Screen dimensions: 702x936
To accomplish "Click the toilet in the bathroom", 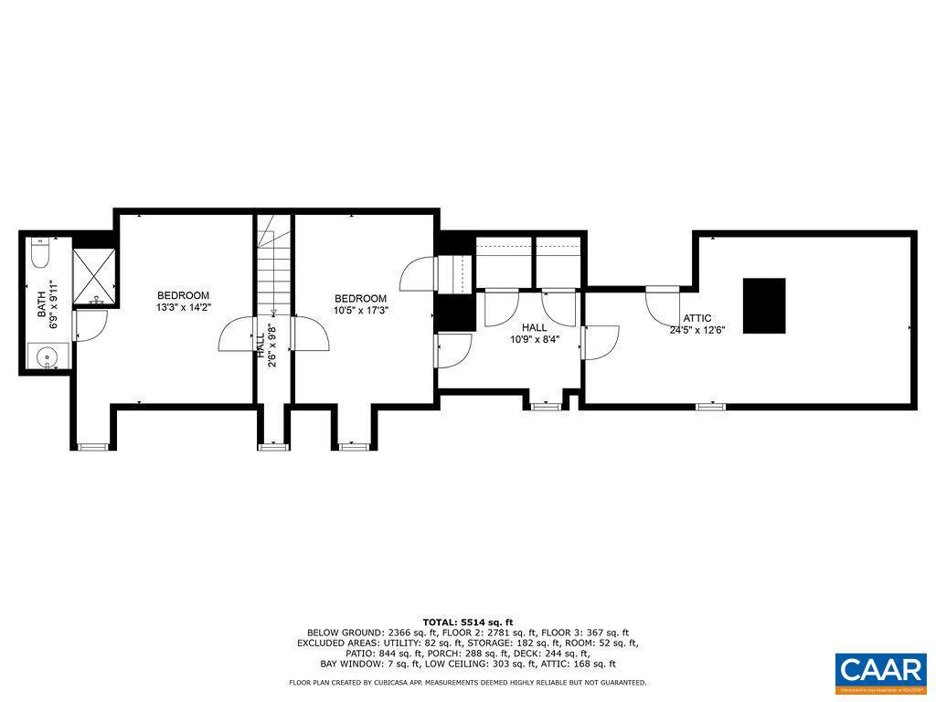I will (x=40, y=252).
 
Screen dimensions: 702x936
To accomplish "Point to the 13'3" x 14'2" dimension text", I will (x=183, y=308).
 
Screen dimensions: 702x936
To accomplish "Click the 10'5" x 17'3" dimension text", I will (x=360, y=311).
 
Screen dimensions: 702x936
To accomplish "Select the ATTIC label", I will (x=697, y=318).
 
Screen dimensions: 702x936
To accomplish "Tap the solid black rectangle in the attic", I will (x=763, y=306).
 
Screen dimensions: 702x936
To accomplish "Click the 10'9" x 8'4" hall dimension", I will (x=534, y=339).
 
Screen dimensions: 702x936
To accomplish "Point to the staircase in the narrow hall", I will (x=271, y=270).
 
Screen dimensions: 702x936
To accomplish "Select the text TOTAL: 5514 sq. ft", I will (x=467, y=621).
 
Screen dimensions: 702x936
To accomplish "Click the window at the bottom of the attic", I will (x=710, y=405).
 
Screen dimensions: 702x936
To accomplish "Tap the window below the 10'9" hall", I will (x=546, y=405).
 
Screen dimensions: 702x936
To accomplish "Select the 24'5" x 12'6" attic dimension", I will (x=697, y=330).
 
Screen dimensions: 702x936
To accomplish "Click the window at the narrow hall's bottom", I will (x=272, y=446).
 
